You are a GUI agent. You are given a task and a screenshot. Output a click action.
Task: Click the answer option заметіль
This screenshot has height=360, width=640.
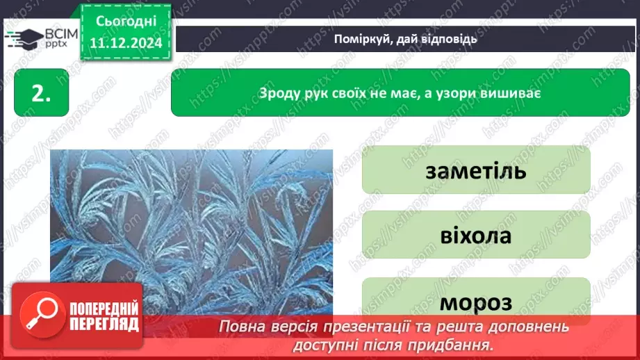[x=475, y=170]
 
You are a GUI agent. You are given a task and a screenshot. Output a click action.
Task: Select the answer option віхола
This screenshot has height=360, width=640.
[x=475, y=235]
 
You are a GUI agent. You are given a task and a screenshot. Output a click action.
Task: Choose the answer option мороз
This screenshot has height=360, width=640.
[x=475, y=302]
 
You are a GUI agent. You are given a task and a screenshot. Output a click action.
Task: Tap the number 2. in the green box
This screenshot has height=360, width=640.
[x=41, y=95]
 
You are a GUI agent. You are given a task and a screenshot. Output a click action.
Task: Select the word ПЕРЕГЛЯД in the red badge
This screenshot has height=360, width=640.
[x=103, y=325]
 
